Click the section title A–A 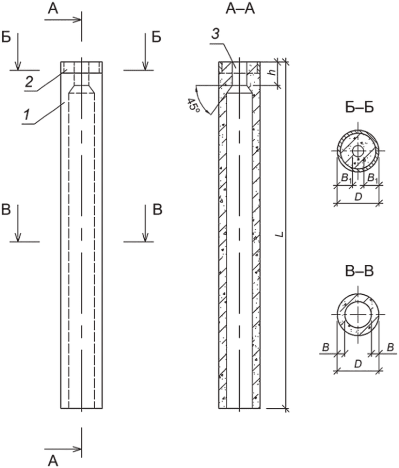click(240, 9)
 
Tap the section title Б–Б click(359, 108)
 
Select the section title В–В click(359, 272)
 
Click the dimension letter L click(280, 234)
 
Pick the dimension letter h click(272, 72)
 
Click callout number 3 click(215, 34)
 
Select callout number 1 click(27, 114)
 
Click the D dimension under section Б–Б click(358, 197)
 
